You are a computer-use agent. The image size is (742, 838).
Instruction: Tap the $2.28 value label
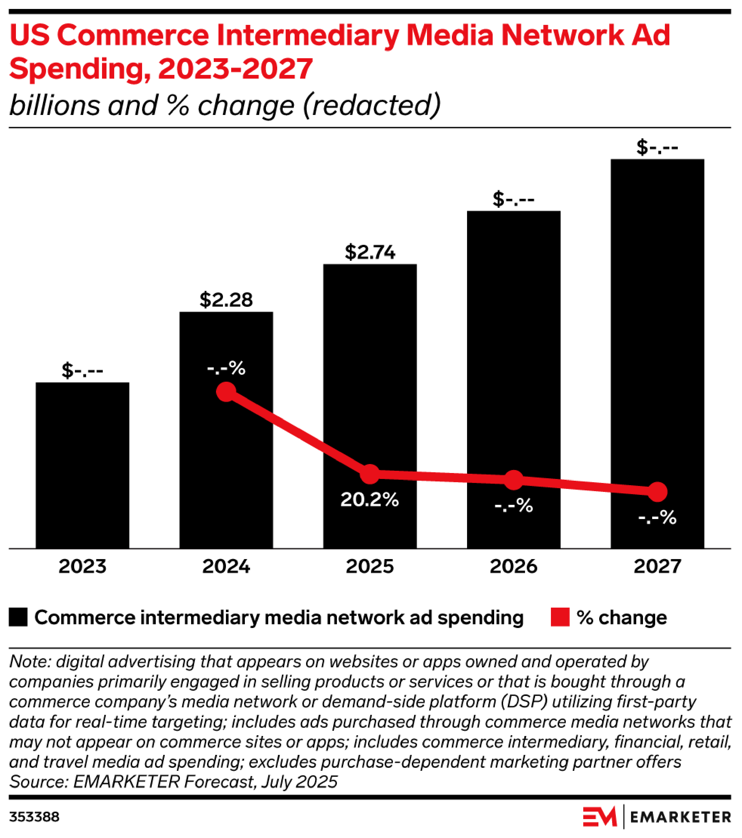(226, 300)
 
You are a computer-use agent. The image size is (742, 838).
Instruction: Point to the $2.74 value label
(370, 252)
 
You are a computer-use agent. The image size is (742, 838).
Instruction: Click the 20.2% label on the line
(369, 499)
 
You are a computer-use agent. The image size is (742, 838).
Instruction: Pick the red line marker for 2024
(226, 392)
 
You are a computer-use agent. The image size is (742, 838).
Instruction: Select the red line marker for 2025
(370, 474)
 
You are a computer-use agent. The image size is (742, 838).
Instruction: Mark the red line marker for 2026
(514, 480)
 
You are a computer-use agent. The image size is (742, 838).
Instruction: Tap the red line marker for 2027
(657, 492)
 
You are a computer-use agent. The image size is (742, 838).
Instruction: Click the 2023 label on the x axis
(82, 566)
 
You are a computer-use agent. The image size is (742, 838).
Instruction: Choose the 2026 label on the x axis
(514, 566)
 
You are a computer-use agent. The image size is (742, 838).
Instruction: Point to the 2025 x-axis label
(370, 566)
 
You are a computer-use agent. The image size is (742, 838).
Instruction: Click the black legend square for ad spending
(18, 617)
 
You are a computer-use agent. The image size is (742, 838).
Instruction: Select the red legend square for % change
(560, 617)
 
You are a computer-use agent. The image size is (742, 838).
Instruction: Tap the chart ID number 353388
(34, 817)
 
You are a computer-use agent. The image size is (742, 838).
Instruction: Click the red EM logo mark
(600, 817)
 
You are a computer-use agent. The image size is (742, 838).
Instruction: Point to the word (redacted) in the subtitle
(371, 105)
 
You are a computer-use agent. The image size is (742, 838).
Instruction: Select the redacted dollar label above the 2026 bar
(514, 199)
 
